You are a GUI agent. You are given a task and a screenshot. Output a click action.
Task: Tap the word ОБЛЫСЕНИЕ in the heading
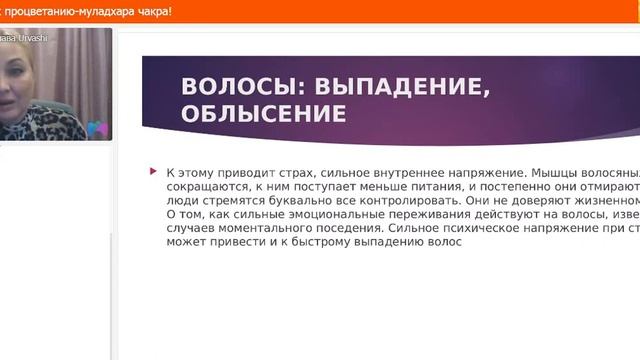[263, 113]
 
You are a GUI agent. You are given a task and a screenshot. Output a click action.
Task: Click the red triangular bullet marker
[153, 172]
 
